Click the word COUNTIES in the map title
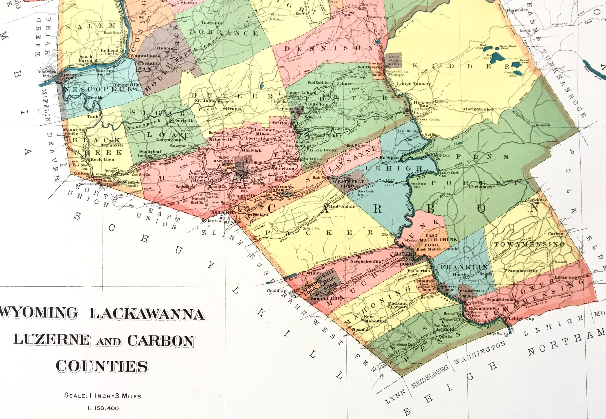(x=102, y=366)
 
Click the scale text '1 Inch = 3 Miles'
(x=102, y=395)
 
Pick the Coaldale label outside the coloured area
(x=276, y=291)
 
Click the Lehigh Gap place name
(x=518, y=319)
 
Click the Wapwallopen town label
(x=145, y=56)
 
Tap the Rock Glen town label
(x=102, y=159)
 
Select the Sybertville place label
(x=182, y=120)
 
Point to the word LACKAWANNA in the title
(x=147, y=314)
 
